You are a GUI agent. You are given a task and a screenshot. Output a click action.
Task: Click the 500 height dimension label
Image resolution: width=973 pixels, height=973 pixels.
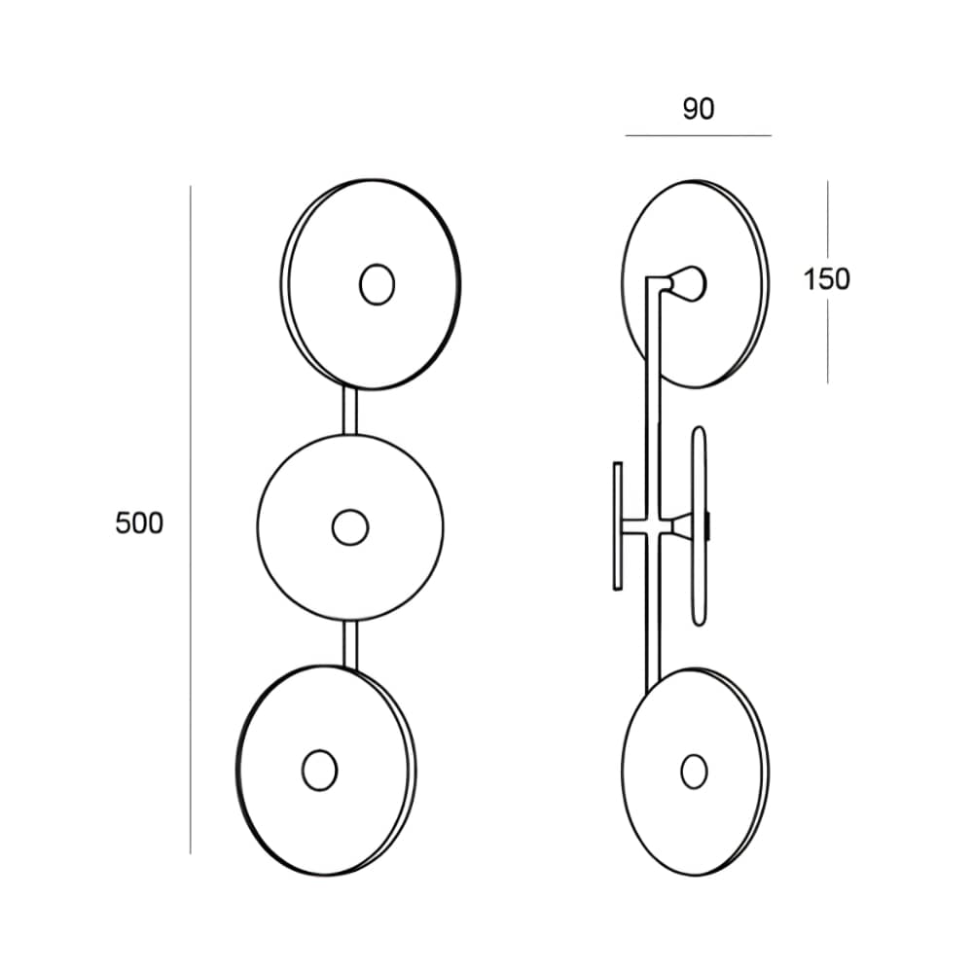(x=139, y=523)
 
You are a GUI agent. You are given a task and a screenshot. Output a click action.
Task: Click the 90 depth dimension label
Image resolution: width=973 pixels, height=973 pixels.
(x=698, y=109)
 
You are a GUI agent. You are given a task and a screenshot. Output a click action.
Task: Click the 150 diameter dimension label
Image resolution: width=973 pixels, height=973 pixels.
(x=826, y=279)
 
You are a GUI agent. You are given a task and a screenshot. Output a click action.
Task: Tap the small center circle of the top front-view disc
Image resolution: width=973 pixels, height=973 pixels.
(x=377, y=284)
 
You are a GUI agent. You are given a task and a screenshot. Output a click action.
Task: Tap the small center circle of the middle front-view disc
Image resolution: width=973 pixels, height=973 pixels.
(x=350, y=527)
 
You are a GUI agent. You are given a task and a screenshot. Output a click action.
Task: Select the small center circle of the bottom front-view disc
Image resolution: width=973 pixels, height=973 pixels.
(x=319, y=770)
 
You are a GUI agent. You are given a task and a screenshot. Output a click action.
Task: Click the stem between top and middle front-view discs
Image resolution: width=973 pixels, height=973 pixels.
(x=350, y=412)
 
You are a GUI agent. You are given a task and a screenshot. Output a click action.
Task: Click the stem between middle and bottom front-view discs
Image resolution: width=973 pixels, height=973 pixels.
(x=350, y=645)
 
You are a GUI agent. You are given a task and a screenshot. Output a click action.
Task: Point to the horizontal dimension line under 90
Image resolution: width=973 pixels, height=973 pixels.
(x=698, y=135)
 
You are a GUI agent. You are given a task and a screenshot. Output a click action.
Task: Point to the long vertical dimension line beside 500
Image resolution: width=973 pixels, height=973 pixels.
(x=191, y=520)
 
